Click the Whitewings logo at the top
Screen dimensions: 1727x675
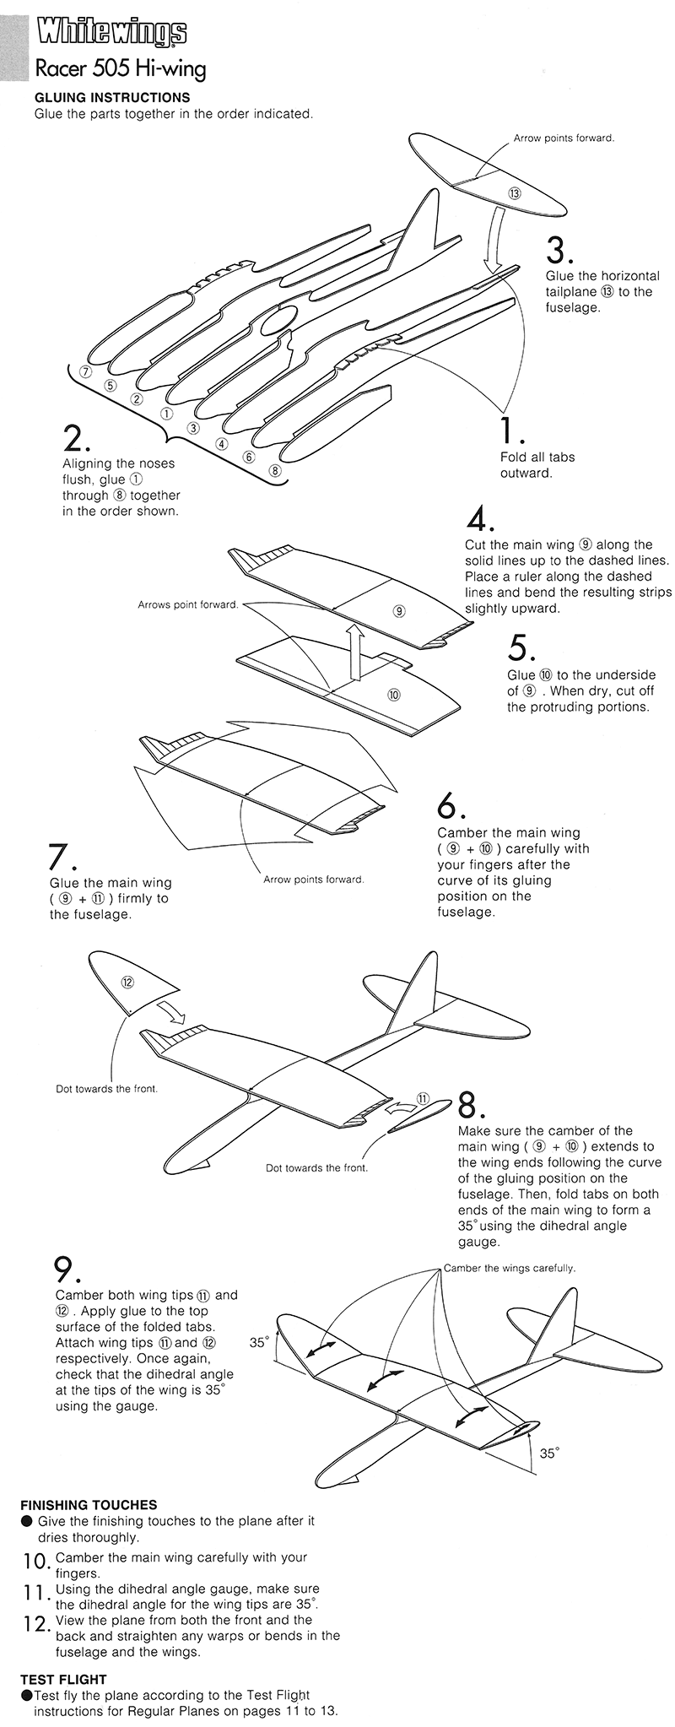tap(111, 33)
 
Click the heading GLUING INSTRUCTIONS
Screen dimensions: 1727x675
tap(112, 98)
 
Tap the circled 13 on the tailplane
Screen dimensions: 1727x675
tap(515, 192)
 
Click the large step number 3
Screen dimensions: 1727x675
tap(559, 251)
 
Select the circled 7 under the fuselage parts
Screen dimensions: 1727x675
tap(84, 371)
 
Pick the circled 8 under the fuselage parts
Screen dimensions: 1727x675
tap(274, 470)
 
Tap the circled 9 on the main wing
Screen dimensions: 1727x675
tap(399, 609)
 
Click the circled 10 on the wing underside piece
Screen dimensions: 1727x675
tap(393, 695)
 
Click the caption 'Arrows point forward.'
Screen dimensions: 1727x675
tap(187, 605)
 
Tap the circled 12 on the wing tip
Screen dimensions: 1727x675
tap(127, 982)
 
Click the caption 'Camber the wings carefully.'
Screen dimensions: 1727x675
tap(509, 1268)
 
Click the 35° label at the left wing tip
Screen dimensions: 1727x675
tap(258, 1341)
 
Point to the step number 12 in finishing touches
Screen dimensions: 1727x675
tap(33, 1623)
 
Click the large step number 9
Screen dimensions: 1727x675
tap(67, 1271)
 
